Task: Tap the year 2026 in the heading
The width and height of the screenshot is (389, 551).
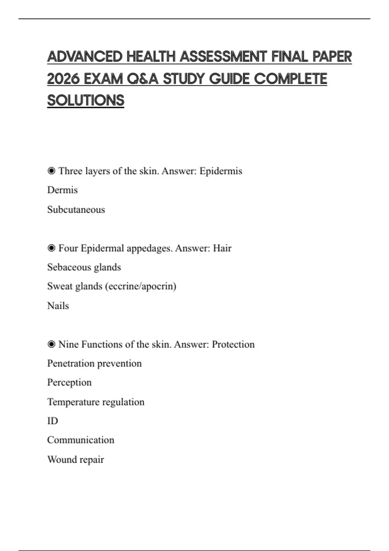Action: [x=63, y=79]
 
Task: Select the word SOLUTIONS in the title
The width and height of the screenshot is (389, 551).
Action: [x=86, y=100]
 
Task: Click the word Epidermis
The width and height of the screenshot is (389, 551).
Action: [x=221, y=171]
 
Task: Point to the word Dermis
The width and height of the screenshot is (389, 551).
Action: [x=63, y=190]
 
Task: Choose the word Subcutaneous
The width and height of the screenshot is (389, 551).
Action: [x=76, y=210]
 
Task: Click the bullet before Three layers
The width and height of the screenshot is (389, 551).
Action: [x=51, y=170]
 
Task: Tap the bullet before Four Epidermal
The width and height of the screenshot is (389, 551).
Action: [x=51, y=248]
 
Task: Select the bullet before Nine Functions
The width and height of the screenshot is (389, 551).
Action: [x=51, y=344]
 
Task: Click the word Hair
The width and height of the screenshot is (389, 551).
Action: [x=222, y=248]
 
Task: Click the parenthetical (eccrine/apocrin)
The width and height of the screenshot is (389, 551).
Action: [x=141, y=287]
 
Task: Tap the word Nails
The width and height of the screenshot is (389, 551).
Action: [x=58, y=306]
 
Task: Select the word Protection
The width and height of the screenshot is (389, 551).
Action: [x=233, y=344]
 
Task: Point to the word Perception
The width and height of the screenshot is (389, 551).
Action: [x=69, y=383]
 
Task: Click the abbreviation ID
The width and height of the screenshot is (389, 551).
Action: [x=53, y=421]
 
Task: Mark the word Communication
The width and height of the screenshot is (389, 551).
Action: [x=81, y=440]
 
